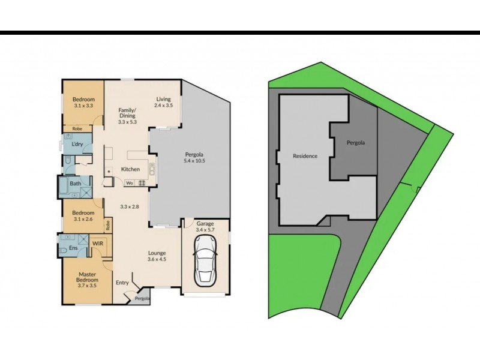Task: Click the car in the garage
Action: pos(205,260)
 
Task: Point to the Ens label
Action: pos(73,247)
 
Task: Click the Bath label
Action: pos(75,184)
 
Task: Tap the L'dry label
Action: pos(77,145)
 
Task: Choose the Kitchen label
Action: pos(130,169)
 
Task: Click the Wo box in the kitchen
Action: pos(130,183)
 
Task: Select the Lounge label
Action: pos(157,253)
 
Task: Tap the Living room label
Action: pos(163,99)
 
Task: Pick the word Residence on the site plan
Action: pos(305,156)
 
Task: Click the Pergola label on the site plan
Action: pos(356,143)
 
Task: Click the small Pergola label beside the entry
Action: pos(142,298)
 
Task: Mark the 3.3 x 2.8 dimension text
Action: pos(130,207)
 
